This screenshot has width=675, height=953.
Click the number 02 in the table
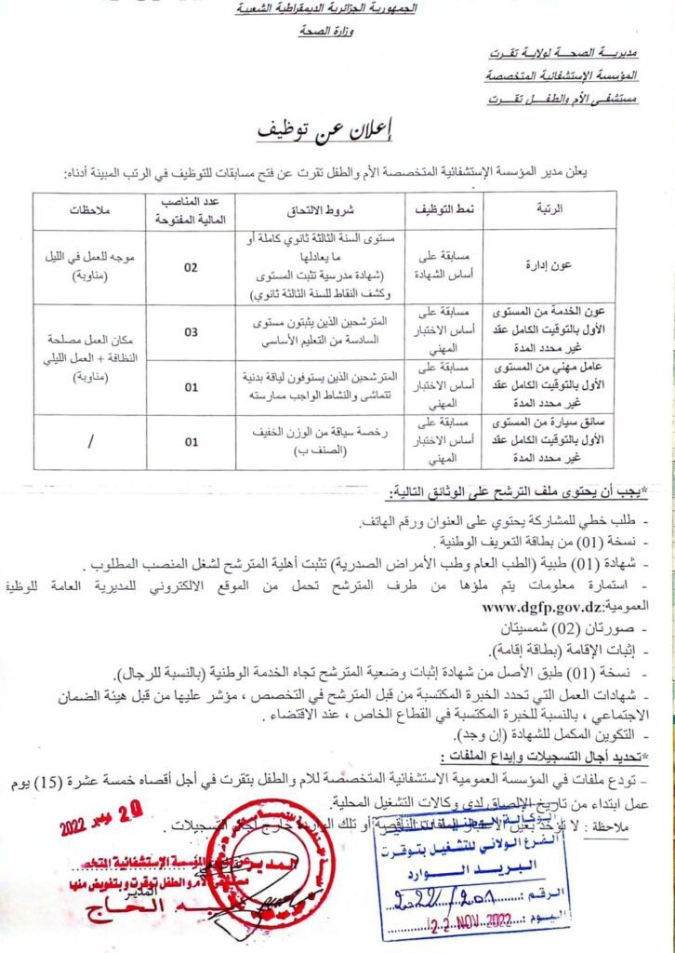[192, 267]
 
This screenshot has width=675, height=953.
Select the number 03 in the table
[192, 330]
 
